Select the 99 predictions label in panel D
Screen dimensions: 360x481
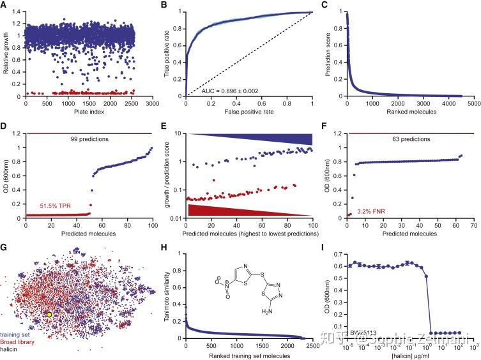point(89,138)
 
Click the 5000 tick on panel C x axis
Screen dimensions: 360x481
point(473,104)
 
